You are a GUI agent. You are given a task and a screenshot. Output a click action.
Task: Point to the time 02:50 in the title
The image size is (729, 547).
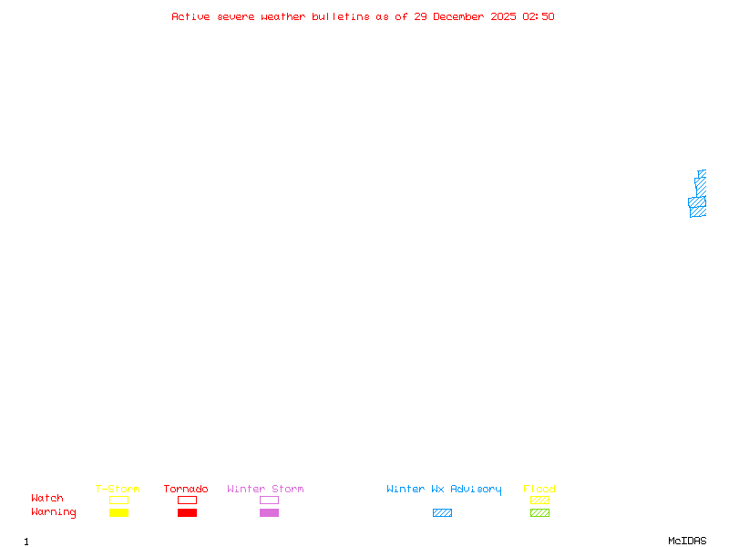tap(539, 16)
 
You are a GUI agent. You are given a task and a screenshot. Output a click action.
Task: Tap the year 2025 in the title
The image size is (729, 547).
tap(504, 16)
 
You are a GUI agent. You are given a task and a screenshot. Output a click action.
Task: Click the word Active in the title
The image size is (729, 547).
tap(191, 16)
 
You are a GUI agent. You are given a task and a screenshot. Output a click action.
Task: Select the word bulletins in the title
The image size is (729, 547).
tap(341, 16)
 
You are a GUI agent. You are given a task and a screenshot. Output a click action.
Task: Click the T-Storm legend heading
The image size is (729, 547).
tap(118, 490)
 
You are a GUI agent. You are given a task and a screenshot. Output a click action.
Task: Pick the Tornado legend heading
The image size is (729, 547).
tap(186, 490)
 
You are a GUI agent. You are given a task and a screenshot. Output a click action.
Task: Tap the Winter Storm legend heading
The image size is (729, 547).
tap(265, 490)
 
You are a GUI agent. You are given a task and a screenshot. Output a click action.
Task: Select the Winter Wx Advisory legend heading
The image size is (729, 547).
tap(444, 490)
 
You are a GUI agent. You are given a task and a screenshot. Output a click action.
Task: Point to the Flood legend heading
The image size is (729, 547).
tap(539, 490)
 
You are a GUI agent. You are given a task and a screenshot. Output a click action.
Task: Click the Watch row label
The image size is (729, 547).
tap(47, 499)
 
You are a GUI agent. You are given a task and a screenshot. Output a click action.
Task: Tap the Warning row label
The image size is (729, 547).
tap(54, 512)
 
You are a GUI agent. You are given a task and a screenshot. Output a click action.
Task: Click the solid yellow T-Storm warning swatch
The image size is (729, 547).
tap(118, 513)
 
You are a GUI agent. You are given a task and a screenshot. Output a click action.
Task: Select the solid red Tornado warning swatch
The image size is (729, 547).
tap(187, 513)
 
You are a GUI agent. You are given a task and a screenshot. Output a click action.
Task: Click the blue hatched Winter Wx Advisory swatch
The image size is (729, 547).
tap(442, 513)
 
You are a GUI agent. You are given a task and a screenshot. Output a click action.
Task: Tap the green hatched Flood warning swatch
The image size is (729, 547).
tap(539, 513)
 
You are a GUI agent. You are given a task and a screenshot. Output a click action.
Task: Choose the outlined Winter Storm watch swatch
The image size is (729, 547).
tap(269, 501)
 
